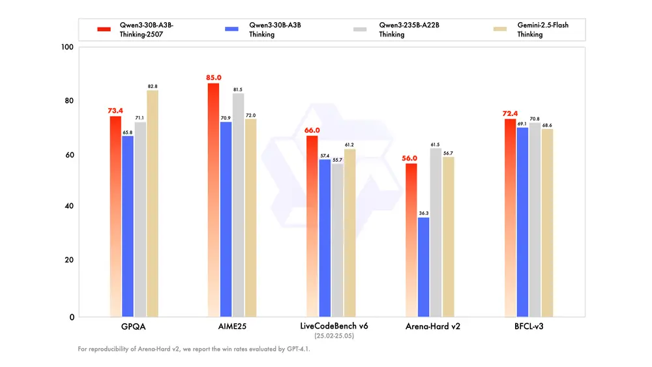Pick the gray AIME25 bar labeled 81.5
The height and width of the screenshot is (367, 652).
click(238, 205)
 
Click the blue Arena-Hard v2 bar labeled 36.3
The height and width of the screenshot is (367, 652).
click(424, 267)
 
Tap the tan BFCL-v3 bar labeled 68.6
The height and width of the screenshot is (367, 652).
click(548, 222)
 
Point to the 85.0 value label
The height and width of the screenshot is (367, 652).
click(213, 78)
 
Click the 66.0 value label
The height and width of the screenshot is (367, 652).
click(312, 130)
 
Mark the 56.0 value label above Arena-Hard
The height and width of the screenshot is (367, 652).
click(409, 158)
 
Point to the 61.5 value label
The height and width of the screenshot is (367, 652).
click(436, 144)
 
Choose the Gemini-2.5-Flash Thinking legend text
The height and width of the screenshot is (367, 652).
click(543, 29)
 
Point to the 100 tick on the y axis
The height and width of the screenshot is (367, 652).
click(67, 48)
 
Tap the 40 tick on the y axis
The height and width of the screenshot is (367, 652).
click(68, 206)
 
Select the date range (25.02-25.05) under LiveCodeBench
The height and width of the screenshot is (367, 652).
click(334, 336)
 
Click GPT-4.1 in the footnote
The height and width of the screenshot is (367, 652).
click(298, 349)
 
